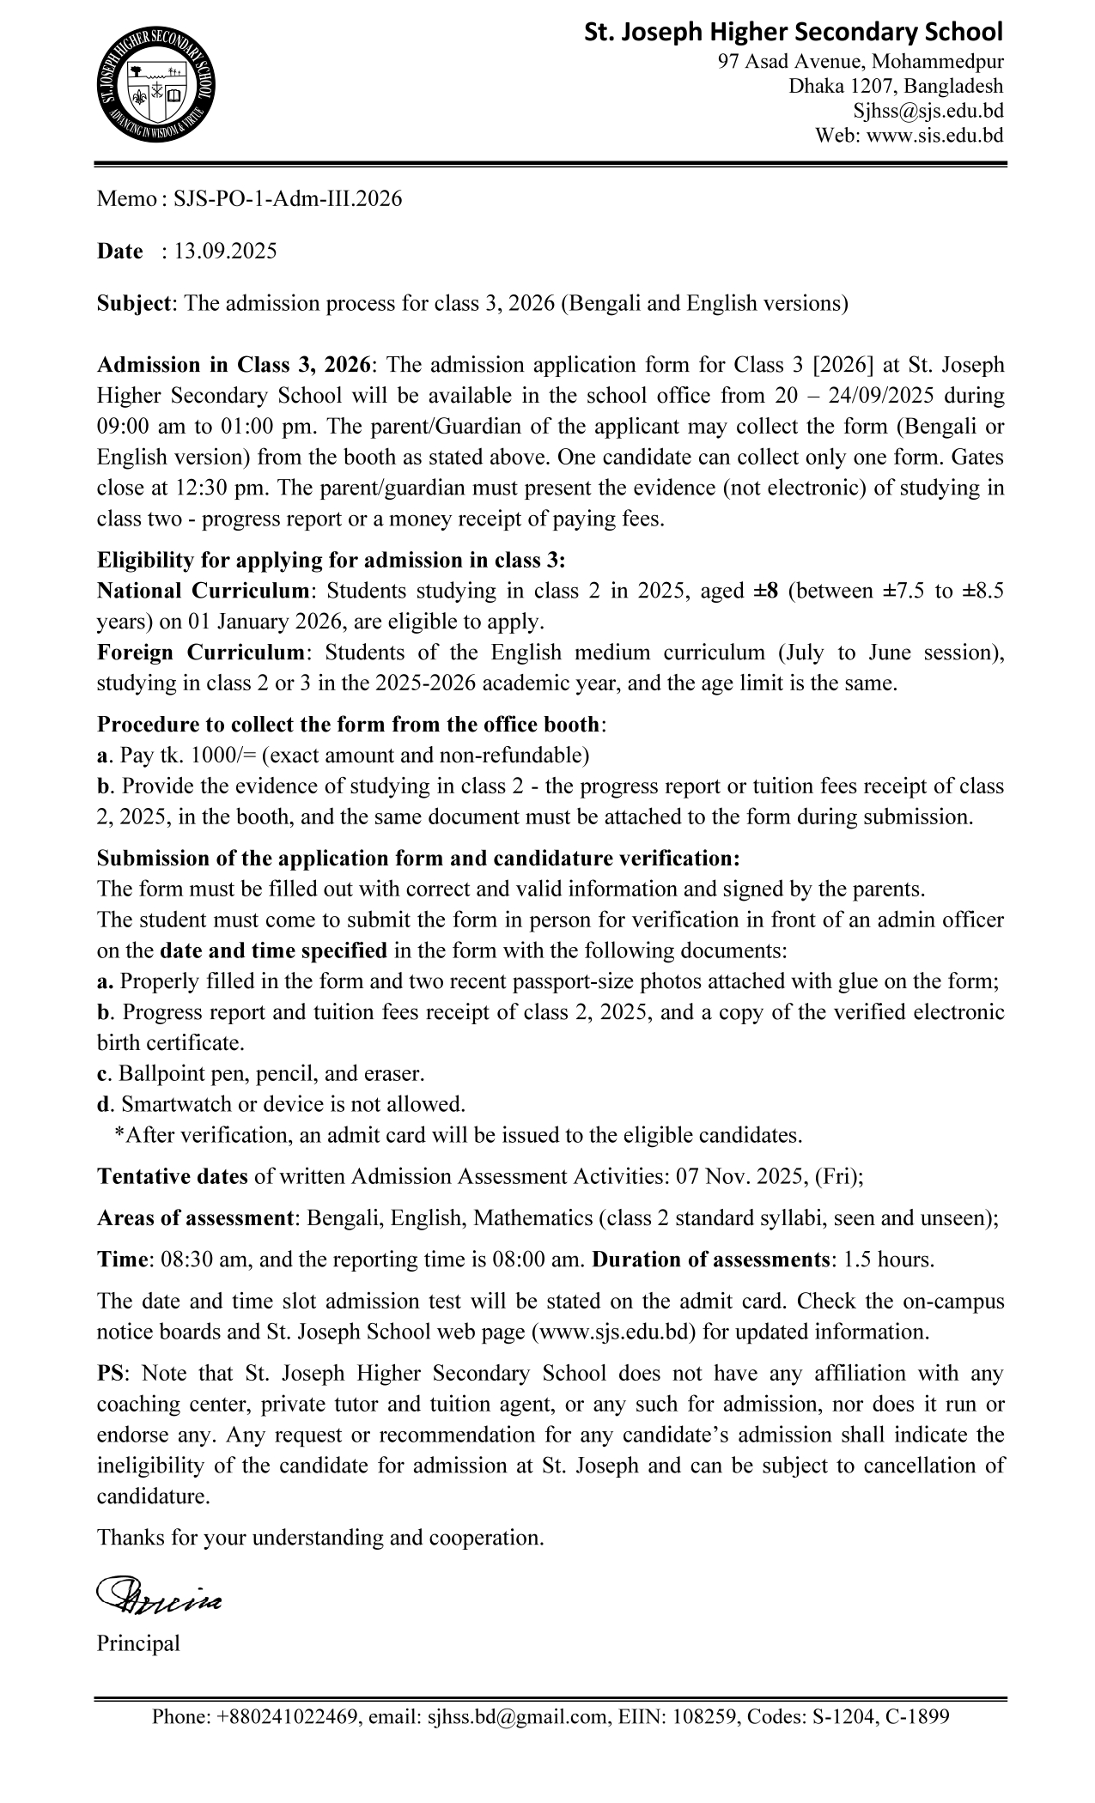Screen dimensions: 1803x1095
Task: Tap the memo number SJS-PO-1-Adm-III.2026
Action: (288, 199)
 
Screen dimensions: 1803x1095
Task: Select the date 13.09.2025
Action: (225, 252)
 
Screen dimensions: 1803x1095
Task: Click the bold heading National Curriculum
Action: (203, 591)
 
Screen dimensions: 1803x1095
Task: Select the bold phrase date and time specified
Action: (273, 950)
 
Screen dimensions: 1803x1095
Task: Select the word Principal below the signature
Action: (138, 1643)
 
